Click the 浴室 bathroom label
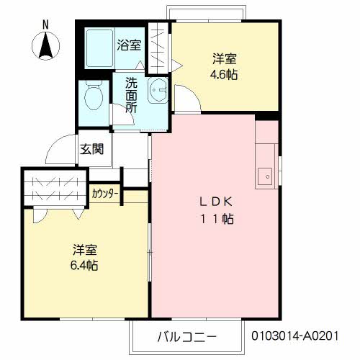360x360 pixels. [129, 44]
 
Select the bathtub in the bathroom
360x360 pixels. [99, 49]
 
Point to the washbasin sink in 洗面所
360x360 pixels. [157, 92]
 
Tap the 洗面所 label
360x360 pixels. [131, 95]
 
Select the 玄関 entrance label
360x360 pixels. [91, 150]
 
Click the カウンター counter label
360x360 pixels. [105, 193]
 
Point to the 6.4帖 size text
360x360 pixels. [85, 266]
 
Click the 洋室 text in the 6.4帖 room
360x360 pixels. [84, 250]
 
